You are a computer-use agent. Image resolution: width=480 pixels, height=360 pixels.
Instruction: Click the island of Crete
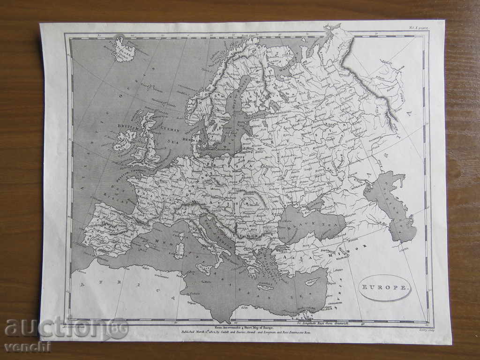coord(265,287)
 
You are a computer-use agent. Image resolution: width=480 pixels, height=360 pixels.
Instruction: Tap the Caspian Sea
coord(389,206)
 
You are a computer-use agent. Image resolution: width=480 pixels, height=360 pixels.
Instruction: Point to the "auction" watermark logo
coord(66,328)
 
